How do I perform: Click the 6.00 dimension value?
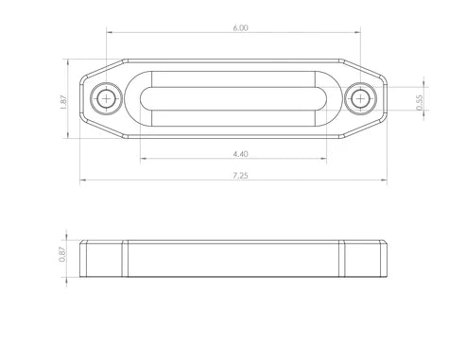coord(240,28)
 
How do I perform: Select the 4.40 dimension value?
coord(240,154)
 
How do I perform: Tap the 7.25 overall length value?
coord(240,176)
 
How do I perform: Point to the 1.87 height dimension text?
coord(63,102)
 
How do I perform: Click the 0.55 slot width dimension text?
coord(420,103)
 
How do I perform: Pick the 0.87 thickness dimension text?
coord(62,254)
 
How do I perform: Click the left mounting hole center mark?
coord(107,98)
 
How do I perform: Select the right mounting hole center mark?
coord(360,98)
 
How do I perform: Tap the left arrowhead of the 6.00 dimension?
coord(110,32)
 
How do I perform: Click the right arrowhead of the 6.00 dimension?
coord(357,32)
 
